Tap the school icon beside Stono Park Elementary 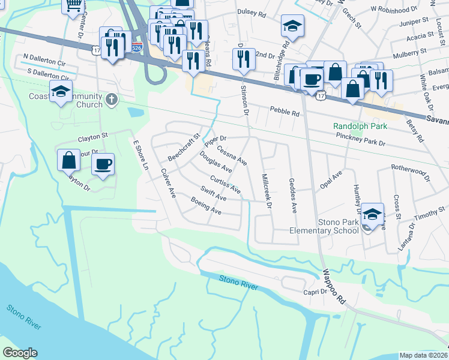(373, 214)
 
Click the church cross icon (110, 100)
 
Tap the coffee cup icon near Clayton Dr (103, 164)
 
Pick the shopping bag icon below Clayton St (69, 160)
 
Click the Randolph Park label (360, 127)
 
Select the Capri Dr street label (315, 292)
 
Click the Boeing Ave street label (206, 206)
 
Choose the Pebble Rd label (284, 111)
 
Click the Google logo (20, 353)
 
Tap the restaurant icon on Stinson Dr (243, 59)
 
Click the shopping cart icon (74, 5)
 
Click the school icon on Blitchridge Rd (292, 26)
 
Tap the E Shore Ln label (140, 155)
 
